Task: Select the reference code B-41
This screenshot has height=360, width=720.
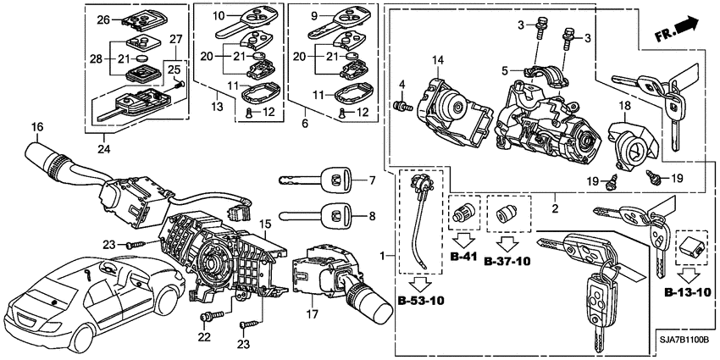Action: [x=462, y=256]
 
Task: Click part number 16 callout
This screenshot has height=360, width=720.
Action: [x=36, y=127]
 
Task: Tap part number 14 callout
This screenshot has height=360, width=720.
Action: [x=438, y=60]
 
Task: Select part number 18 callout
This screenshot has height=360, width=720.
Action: [x=623, y=106]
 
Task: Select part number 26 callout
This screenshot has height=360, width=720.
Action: [x=102, y=19]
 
